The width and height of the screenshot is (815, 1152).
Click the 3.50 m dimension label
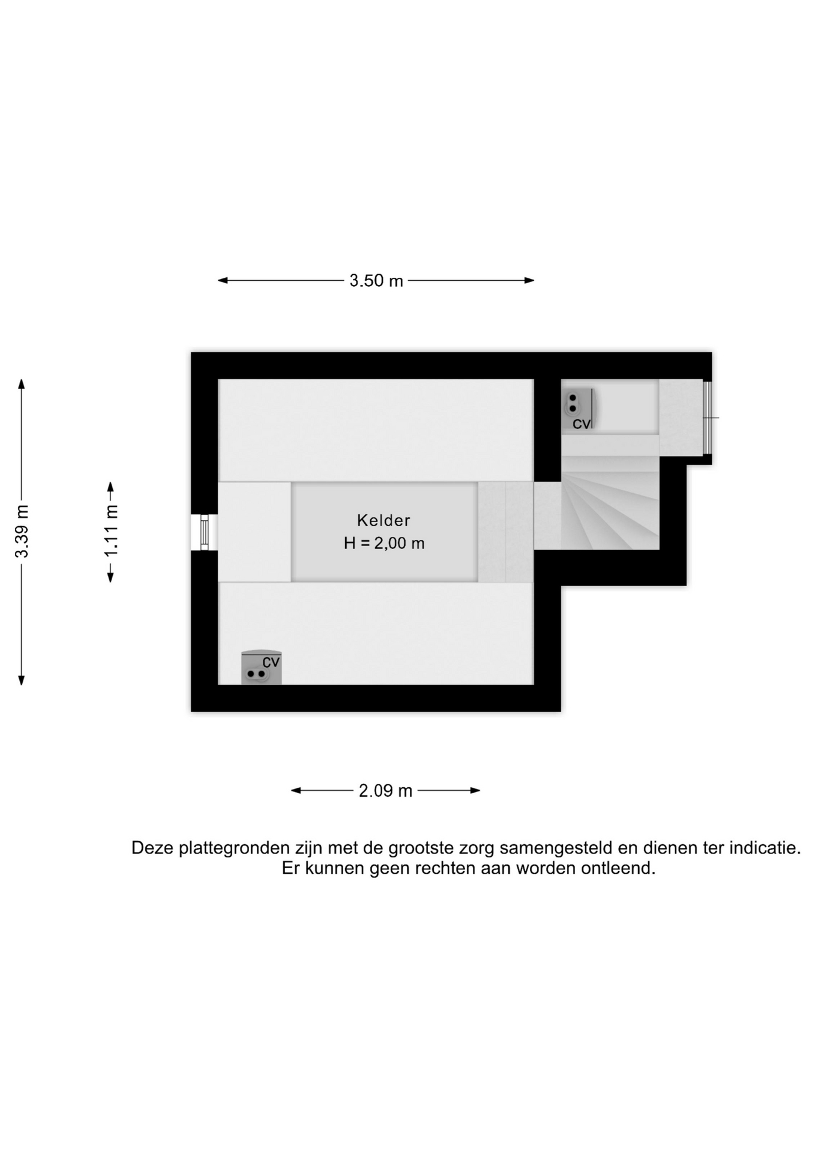[376, 280]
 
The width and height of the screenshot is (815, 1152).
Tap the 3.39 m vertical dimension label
[22, 531]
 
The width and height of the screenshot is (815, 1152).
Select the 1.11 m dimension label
[111, 531]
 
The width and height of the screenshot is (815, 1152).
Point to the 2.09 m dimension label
[385, 791]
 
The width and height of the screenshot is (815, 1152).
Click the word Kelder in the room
[383, 520]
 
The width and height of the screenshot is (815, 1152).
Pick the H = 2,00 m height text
[384, 544]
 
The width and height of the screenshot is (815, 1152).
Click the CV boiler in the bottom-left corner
[261, 668]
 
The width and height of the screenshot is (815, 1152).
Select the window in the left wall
[204, 532]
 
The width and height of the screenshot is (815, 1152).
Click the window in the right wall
[708, 418]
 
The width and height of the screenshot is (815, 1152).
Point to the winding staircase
[610, 503]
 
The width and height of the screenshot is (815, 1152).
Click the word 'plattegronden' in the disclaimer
[234, 848]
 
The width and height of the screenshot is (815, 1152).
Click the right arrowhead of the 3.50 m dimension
[529, 280]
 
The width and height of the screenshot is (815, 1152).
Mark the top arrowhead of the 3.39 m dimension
[22, 384]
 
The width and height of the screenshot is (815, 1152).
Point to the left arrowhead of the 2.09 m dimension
[296, 791]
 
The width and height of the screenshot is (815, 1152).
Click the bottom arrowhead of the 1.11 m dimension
[110, 577]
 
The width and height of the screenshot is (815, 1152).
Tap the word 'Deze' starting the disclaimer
[152, 848]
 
